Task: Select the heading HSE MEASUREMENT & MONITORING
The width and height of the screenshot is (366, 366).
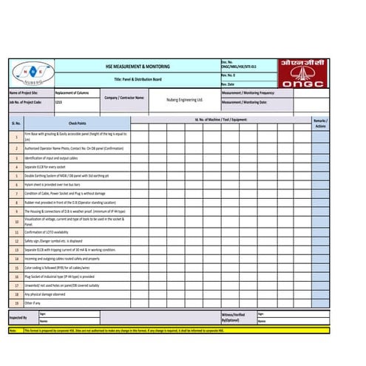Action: pyautogui.click(x=138, y=67)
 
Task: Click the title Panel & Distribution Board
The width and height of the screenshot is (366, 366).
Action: pyautogui.click(x=138, y=79)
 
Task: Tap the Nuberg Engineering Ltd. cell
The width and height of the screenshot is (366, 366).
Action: pyautogui.click(x=184, y=98)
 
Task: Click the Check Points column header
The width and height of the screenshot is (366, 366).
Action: pyautogui.click(x=77, y=123)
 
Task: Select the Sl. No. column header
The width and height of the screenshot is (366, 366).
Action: pyautogui.click(x=16, y=123)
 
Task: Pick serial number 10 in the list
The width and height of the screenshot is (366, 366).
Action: pyautogui.click(x=16, y=221)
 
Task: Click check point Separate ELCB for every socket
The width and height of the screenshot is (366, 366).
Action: pyautogui.click(x=50, y=167)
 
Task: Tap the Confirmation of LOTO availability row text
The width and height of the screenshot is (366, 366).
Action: pyautogui.click(x=51, y=232)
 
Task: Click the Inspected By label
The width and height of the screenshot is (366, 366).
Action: pyautogui.click(x=18, y=317)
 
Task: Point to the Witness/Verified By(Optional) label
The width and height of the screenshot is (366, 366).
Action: pyautogui.click(x=236, y=317)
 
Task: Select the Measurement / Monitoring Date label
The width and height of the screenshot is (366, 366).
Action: pyautogui.click(x=244, y=102)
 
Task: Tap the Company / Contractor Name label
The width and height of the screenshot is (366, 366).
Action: pyautogui.click(x=124, y=98)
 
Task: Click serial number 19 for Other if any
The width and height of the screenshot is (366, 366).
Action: pyautogui.click(x=16, y=303)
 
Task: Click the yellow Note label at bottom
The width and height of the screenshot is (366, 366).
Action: pyautogui.click(x=13, y=330)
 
